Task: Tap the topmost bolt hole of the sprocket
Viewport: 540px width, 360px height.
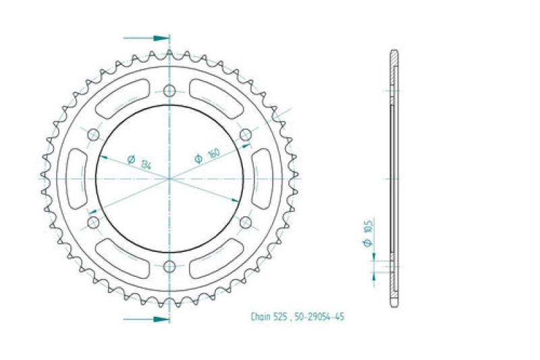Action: coord(169,90)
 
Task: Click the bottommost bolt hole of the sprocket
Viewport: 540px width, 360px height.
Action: coord(169,265)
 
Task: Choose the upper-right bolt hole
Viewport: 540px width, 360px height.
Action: coord(246,134)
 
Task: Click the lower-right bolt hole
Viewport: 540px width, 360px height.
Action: coord(246,222)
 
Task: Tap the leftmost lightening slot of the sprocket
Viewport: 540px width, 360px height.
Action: coord(76,178)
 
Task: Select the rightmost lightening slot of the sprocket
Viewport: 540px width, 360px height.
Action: coord(264,178)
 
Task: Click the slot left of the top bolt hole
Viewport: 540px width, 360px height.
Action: coord(122,98)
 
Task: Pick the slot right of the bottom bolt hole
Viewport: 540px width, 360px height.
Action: coord(217,259)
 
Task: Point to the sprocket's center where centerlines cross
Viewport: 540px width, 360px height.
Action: coord(169,178)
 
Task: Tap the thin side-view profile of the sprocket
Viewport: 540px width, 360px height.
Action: coord(394,178)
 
